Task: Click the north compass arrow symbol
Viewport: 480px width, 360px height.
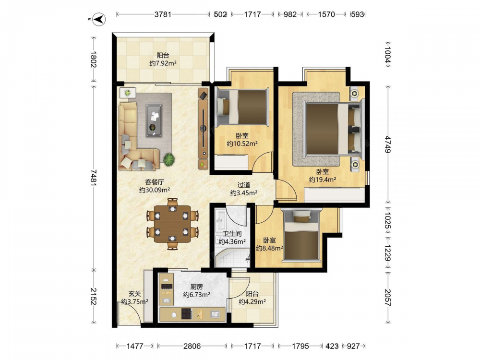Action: [x=99, y=19]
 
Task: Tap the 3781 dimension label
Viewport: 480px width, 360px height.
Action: [x=163, y=14]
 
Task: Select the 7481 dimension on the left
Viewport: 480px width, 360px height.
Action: [x=94, y=178]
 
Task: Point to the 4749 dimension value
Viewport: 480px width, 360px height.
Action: [x=388, y=144]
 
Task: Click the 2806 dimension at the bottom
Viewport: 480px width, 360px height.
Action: [x=192, y=346]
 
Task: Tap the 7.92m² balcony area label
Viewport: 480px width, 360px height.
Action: [x=163, y=63]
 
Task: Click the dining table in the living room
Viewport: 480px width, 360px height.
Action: [x=172, y=224]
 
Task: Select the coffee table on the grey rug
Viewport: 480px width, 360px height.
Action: [x=154, y=120]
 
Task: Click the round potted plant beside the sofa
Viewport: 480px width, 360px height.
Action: [x=169, y=159]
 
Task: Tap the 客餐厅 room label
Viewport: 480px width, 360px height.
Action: [x=154, y=182]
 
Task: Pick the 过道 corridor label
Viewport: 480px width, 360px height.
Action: [x=244, y=185]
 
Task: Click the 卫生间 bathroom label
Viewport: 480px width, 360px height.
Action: [x=232, y=234]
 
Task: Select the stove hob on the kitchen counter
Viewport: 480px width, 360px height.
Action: [x=187, y=313]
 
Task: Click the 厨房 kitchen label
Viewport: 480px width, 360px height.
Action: [x=196, y=287]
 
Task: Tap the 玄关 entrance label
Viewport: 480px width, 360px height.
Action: [x=134, y=294]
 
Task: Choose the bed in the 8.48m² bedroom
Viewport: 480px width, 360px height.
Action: [x=301, y=235]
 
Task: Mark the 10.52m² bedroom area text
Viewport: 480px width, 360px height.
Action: [x=242, y=144]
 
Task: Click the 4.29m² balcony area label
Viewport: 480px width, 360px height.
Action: [x=252, y=302]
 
